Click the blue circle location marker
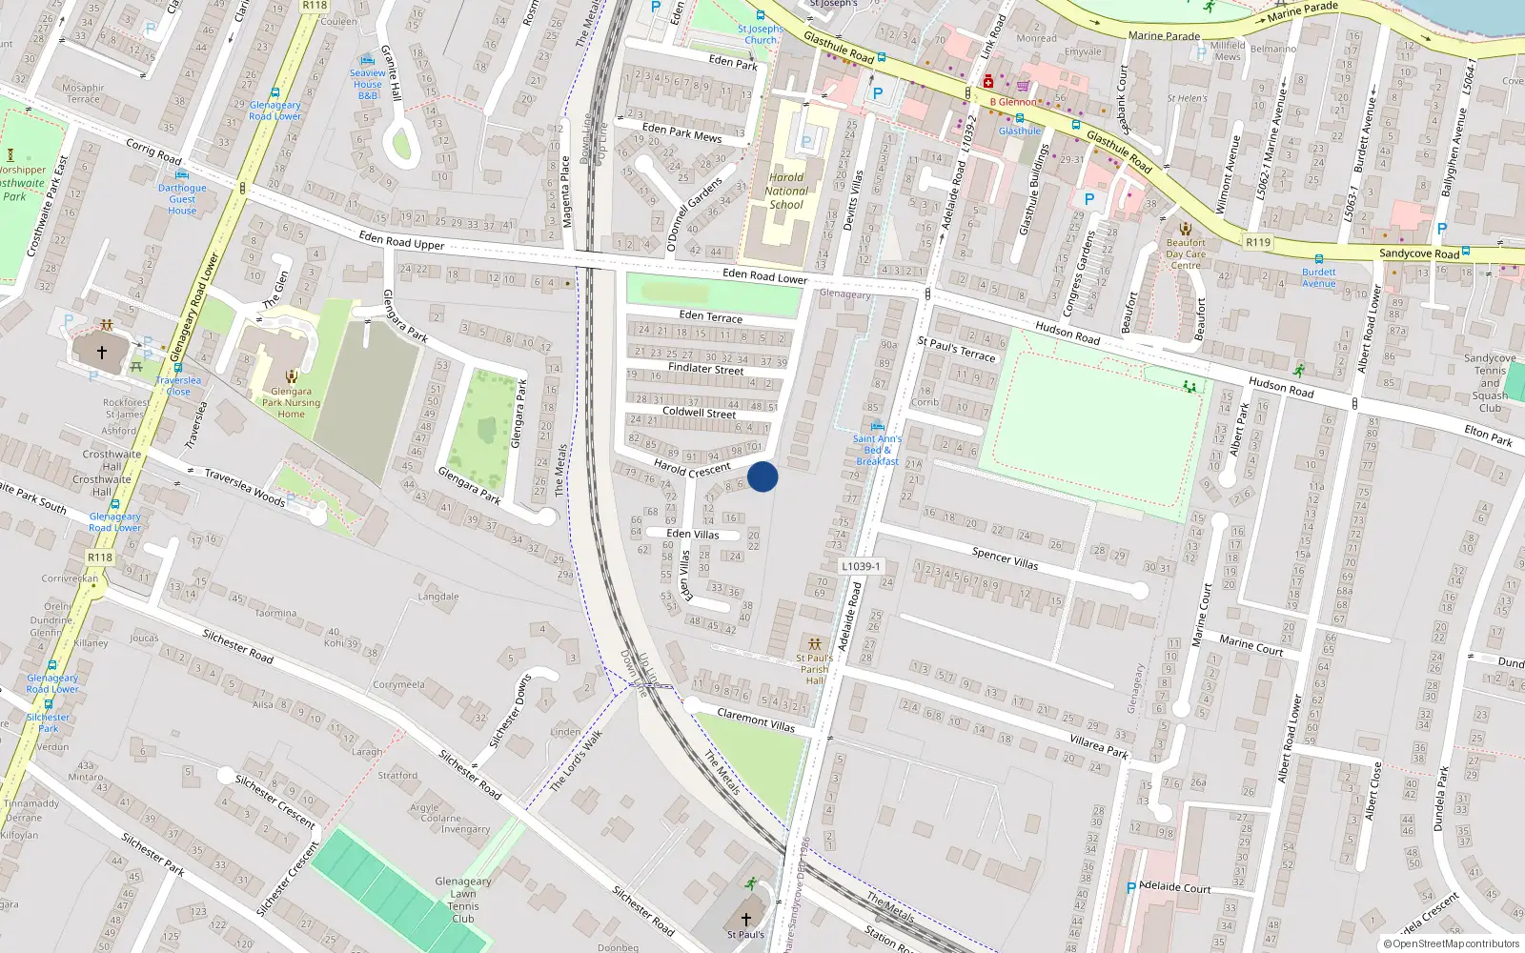tap(762, 476)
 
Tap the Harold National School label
tap(786, 191)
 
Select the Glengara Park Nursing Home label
tap(291, 402)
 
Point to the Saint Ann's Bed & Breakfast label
tap(877, 450)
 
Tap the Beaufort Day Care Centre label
tap(1186, 253)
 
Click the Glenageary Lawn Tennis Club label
tap(463, 900)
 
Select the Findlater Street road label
tap(705, 368)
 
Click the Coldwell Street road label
tap(699, 412)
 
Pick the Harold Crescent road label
tap(692, 468)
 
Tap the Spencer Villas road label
tap(1005, 558)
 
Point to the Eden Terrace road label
tap(710, 315)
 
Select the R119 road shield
tap(1258, 242)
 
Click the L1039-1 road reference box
tap(860, 566)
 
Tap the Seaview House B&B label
tap(368, 84)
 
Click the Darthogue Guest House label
tap(182, 198)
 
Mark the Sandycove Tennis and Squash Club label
tap(1490, 383)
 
